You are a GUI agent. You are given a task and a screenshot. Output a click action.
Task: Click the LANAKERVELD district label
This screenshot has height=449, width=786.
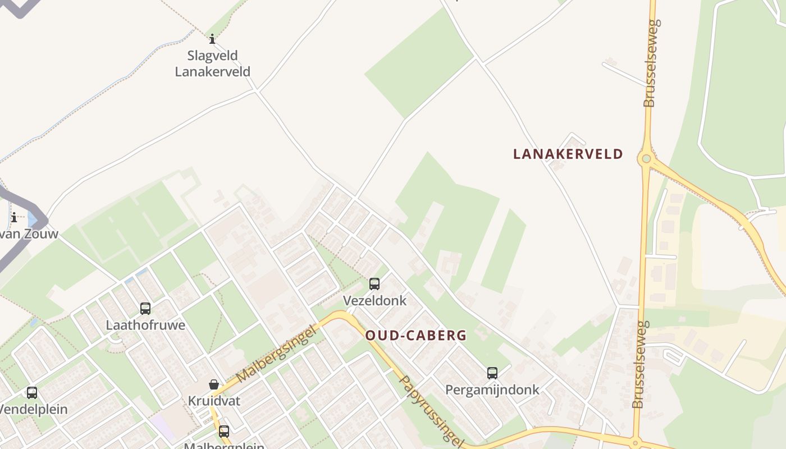pyautogui.click(x=568, y=154)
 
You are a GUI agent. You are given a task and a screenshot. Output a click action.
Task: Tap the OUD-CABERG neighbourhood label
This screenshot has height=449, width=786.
pyautogui.click(x=415, y=336)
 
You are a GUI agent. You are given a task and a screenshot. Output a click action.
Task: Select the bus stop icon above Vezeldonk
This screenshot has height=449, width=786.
pyautogui.click(x=374, y=284)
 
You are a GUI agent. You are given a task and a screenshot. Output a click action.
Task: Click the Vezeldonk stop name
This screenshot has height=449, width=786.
pyautogui.click(x=374, y=300)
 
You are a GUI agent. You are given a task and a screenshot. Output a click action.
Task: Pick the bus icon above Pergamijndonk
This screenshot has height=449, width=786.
pyautogui.click(x=492, y=373)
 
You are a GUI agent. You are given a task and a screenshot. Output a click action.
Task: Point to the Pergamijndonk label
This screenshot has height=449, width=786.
pyautogui.click(x=492, y=390)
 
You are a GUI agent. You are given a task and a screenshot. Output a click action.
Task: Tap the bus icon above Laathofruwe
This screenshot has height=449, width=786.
pyautogui.click(x=145, y=308)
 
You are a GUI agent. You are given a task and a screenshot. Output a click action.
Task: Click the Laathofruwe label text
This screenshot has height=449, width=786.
pyautogui.click(x=145, y=325)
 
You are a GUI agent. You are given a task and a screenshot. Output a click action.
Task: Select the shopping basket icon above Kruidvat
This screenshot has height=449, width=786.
pyautogui.click(x=214, y=384)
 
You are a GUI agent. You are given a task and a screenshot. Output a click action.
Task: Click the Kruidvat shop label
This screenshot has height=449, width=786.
pyautogui.click(x=214, y=401)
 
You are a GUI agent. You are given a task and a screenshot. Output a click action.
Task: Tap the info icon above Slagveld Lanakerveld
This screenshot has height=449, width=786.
pyautogui.click(x=212, y=39)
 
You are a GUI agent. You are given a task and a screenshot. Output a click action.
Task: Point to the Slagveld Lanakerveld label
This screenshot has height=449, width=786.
pyautogui.click(x=212, y=63)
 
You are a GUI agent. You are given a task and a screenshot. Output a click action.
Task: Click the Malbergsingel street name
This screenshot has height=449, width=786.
pyautogui.click(x=277, y=354)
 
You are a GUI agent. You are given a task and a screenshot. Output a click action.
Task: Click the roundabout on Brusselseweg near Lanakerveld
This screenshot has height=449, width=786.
pyautogui.click(x=646, y=159)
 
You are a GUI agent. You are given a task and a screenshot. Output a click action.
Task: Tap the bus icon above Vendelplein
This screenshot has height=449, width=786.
pyautogui.click(x=32, y=393)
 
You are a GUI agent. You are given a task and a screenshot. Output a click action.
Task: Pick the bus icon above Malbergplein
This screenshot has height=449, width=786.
pyautogui.click(x=224, y=431)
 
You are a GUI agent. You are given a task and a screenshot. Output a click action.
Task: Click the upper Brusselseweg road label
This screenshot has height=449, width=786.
pyautogui.click(x=651, y=63)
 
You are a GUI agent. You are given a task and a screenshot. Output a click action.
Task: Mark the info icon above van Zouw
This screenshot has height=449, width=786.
pyautogui.click(x=14, y=217)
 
